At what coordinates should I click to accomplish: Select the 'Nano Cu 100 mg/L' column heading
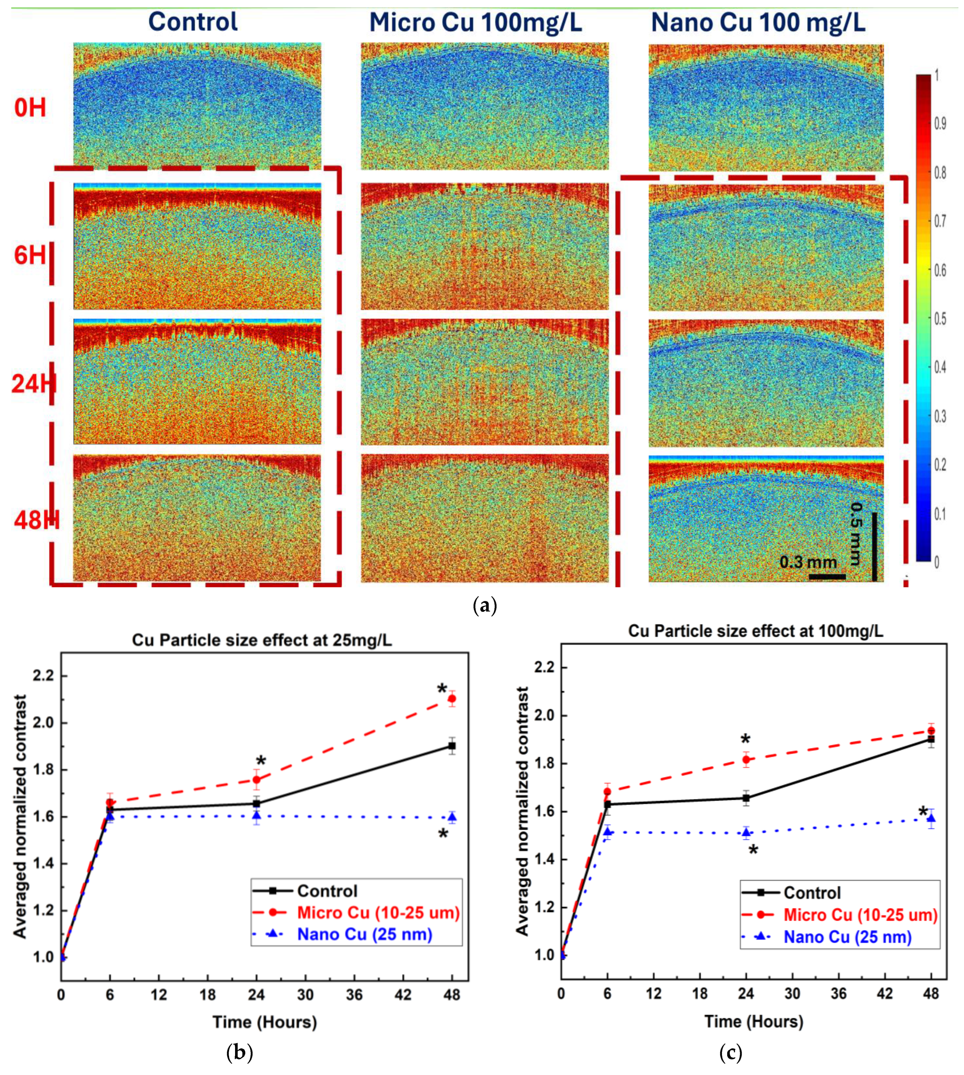point(758,23)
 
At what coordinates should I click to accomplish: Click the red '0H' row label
point(30,108)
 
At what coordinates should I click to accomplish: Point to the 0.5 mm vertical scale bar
point(874,546)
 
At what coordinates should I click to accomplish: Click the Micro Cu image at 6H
point(485,246)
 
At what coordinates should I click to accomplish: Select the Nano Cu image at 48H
point(766,518)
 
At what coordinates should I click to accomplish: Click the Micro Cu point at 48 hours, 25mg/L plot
point(452,699)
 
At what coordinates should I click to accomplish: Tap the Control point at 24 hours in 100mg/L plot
point(746,798)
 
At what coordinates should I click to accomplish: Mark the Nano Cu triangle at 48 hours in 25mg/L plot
point(452,817)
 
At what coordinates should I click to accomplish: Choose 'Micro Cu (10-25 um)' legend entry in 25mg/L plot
point(378,912)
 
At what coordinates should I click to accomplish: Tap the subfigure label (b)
point(240,1052)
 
